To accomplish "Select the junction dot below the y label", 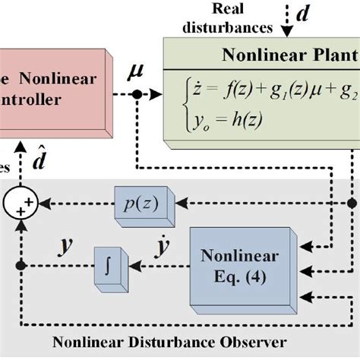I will (21, 265).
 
